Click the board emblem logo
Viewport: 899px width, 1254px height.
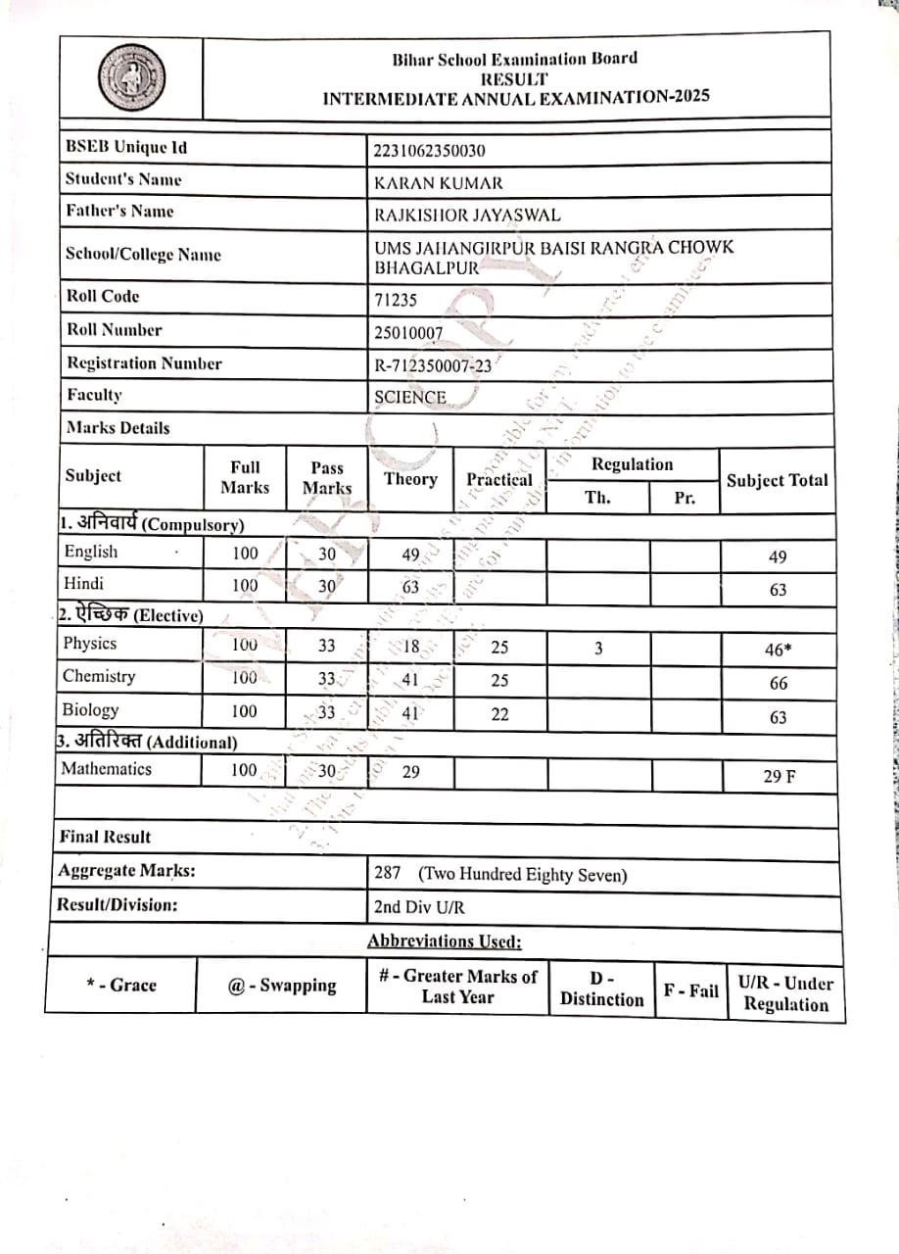tap(130, 77)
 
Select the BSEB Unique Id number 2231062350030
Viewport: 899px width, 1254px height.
tap(429, 150)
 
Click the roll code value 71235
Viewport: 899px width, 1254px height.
tap(395, 301)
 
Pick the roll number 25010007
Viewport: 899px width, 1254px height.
tap(408, 333)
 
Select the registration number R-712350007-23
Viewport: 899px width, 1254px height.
tap(433, 366)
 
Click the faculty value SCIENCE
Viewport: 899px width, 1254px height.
tap(410, 398)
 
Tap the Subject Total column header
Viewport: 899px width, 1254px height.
tap(777, 480)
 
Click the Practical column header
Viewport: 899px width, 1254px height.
tap(499, 479)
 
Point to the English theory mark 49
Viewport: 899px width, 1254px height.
tap(410, 555)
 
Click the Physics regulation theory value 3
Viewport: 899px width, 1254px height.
tap(597, 648)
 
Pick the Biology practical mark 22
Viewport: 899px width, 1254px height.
tap(499, 714)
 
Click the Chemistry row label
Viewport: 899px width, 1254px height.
tap(99, 676)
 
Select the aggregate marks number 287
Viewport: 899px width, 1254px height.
tap(388, 873)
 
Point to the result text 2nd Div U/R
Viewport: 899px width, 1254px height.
tap(419, 907)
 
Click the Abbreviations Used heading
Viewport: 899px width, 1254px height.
tap(445, 941)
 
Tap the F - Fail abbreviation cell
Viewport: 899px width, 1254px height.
tap(690, 990)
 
